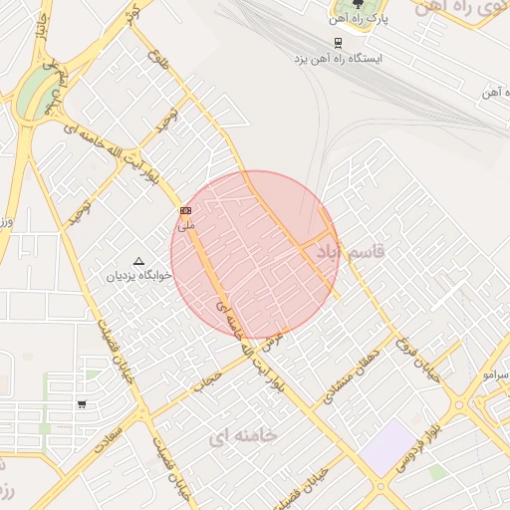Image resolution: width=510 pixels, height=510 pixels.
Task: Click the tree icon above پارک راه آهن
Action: (358, 8)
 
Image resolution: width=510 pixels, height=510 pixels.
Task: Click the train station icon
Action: (339, 43)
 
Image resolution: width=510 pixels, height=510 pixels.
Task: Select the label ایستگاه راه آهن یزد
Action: (337, 59)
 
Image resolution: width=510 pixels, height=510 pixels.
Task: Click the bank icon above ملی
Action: (185, 210)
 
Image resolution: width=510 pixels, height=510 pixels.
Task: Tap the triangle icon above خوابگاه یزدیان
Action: (137, 260)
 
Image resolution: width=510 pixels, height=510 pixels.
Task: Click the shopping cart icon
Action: (81, 404)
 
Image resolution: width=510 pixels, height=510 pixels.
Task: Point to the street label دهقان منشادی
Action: (348, 376)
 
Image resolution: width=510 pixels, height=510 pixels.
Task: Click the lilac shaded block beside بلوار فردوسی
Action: (387, 445)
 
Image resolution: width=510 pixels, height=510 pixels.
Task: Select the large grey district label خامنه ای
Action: (244, 435)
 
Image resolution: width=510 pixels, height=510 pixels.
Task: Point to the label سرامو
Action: (495, 375)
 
